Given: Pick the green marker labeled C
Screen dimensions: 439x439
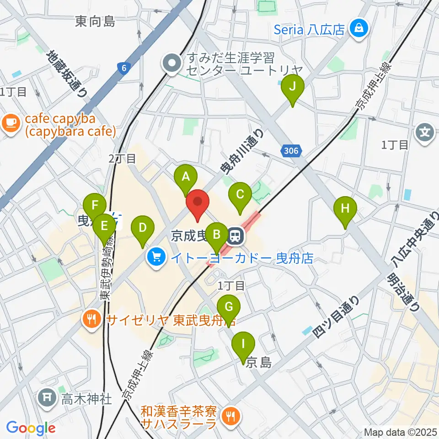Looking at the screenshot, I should click(x=240, y=194).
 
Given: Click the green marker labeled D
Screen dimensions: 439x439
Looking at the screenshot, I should click(x=142, y=227).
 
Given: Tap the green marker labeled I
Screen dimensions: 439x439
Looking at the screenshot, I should click(x=243, y=343).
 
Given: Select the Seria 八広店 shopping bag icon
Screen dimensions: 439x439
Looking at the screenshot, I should click(x=358, y=28).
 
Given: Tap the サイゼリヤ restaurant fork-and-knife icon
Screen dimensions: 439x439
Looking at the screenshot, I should click(x=92, y=319).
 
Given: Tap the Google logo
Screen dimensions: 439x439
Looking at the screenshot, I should click(x=31, y=428).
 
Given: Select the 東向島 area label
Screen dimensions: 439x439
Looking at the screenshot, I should click(x=96, y=21).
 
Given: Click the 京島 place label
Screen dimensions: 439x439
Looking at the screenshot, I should click(x=259, y=363).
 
